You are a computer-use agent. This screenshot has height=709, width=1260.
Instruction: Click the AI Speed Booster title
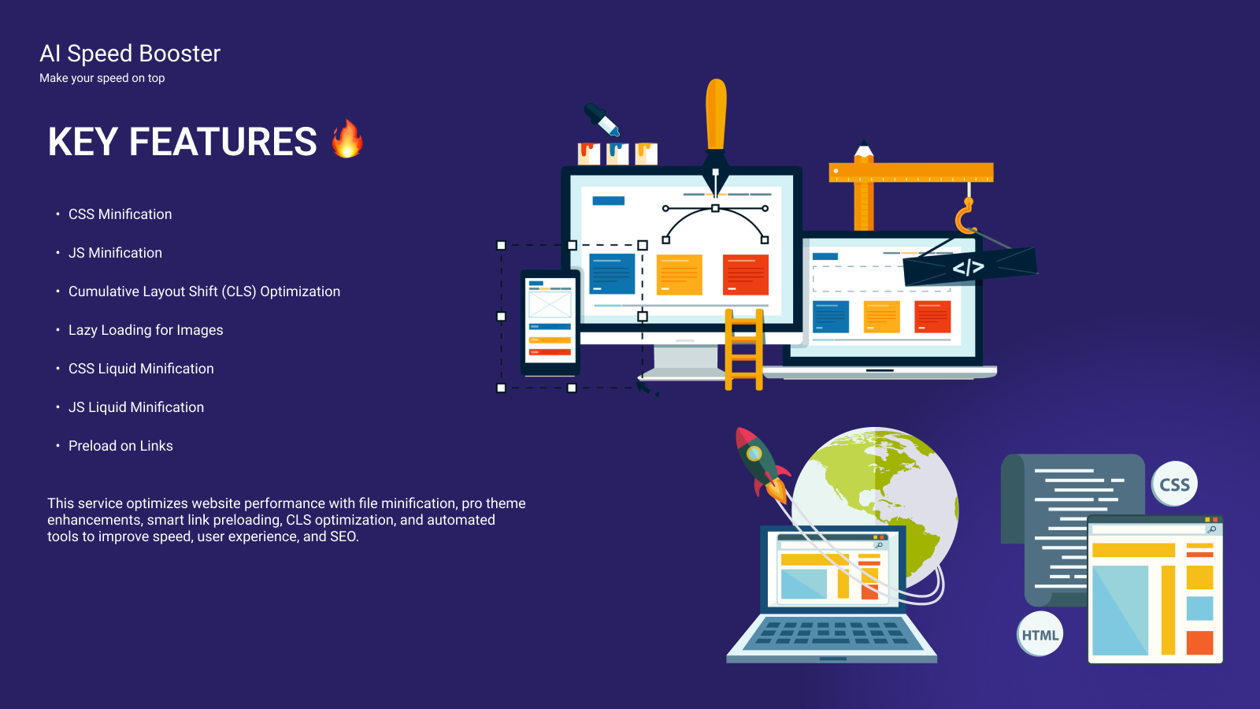click(130, 54)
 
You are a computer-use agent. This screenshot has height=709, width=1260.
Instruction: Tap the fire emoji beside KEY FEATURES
click(347, 139)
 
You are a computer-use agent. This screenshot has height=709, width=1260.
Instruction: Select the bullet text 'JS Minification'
click(115, 253)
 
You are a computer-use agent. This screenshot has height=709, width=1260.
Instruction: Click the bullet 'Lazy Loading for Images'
click(146, 330)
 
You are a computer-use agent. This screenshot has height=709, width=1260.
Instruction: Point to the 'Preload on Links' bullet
click(120, 446)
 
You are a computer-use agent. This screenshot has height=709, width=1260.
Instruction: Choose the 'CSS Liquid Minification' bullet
click(141, 369)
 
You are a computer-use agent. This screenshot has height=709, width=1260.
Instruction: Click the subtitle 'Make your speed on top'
click(102, 78)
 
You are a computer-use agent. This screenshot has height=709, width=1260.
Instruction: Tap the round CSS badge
click(1174, 484)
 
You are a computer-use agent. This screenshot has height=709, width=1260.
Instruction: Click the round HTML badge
click(1040, 634)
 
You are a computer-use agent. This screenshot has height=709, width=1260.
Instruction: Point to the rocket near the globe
click(761, 464)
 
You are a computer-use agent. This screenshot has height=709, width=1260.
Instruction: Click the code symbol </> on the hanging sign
click(968, 267)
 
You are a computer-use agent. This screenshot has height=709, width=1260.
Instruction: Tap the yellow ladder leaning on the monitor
click(743, 349)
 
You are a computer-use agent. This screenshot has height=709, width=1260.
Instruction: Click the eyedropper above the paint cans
click(602, 119)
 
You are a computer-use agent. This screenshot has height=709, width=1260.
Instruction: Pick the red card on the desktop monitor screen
click(745, 275)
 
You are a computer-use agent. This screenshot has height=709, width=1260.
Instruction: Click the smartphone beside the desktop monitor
click(550, 323)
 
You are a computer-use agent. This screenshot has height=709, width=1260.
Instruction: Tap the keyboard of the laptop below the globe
click(832, 633)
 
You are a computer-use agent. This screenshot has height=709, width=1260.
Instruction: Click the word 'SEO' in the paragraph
click(343, 536)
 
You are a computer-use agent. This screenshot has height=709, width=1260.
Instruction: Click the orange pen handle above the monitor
click(716, 114)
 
